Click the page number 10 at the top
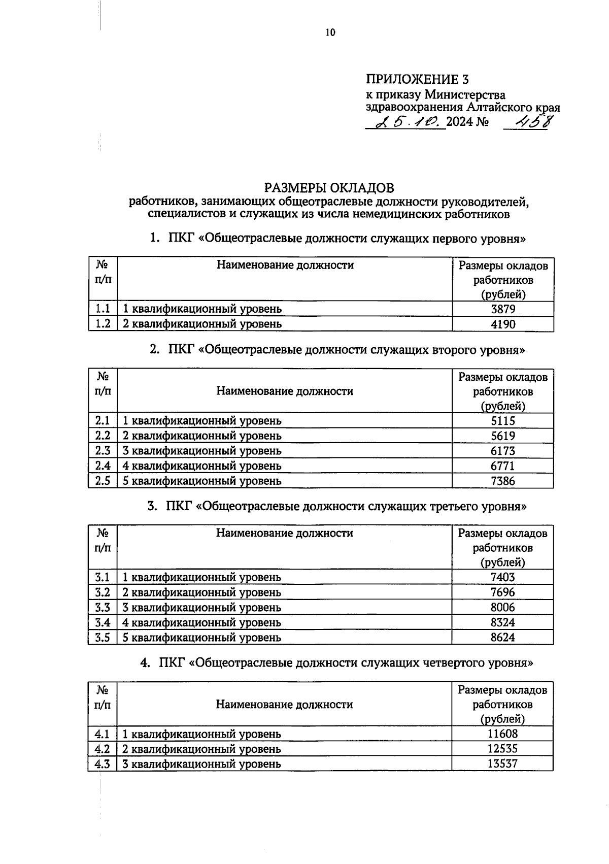[330, 33]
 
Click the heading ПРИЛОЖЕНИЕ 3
[417, 80]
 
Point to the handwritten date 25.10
[406, 122]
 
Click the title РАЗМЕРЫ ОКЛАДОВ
[329, 188]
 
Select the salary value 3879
[502, 309]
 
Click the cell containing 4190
[502, 324]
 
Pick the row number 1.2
[103, 324]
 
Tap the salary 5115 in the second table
[502, 421]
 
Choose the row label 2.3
[103, 451]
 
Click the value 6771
[502, 466]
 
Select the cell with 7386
[502, 481]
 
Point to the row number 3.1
[103, 577]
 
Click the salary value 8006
[502, 607]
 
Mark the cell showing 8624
[502, 637]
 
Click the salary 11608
[502, 734]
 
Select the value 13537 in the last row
[502, 763]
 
